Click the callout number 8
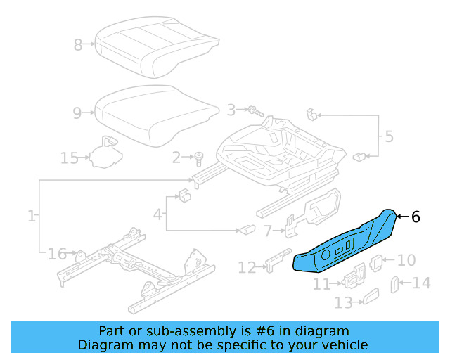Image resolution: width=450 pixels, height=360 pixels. click(78, 45)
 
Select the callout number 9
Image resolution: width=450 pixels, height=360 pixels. click(78, 111)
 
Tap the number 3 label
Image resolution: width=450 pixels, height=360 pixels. click(231, 110)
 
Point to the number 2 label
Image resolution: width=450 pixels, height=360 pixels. click(177, 157)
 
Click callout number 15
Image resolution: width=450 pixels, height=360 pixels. click(69, 157)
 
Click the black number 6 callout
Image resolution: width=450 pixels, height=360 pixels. click(416, 217)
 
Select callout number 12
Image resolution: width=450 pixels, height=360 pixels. click(247, 267)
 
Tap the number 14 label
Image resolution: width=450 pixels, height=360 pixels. click(420, 283)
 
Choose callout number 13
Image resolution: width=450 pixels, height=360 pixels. click(343, 303)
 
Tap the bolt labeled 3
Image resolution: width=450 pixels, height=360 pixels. click(254, 110)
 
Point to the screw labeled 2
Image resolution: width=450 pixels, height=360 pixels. click(198, 157)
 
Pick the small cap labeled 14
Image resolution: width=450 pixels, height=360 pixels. click(394, 284)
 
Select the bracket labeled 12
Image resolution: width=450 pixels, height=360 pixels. click(276, 259)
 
